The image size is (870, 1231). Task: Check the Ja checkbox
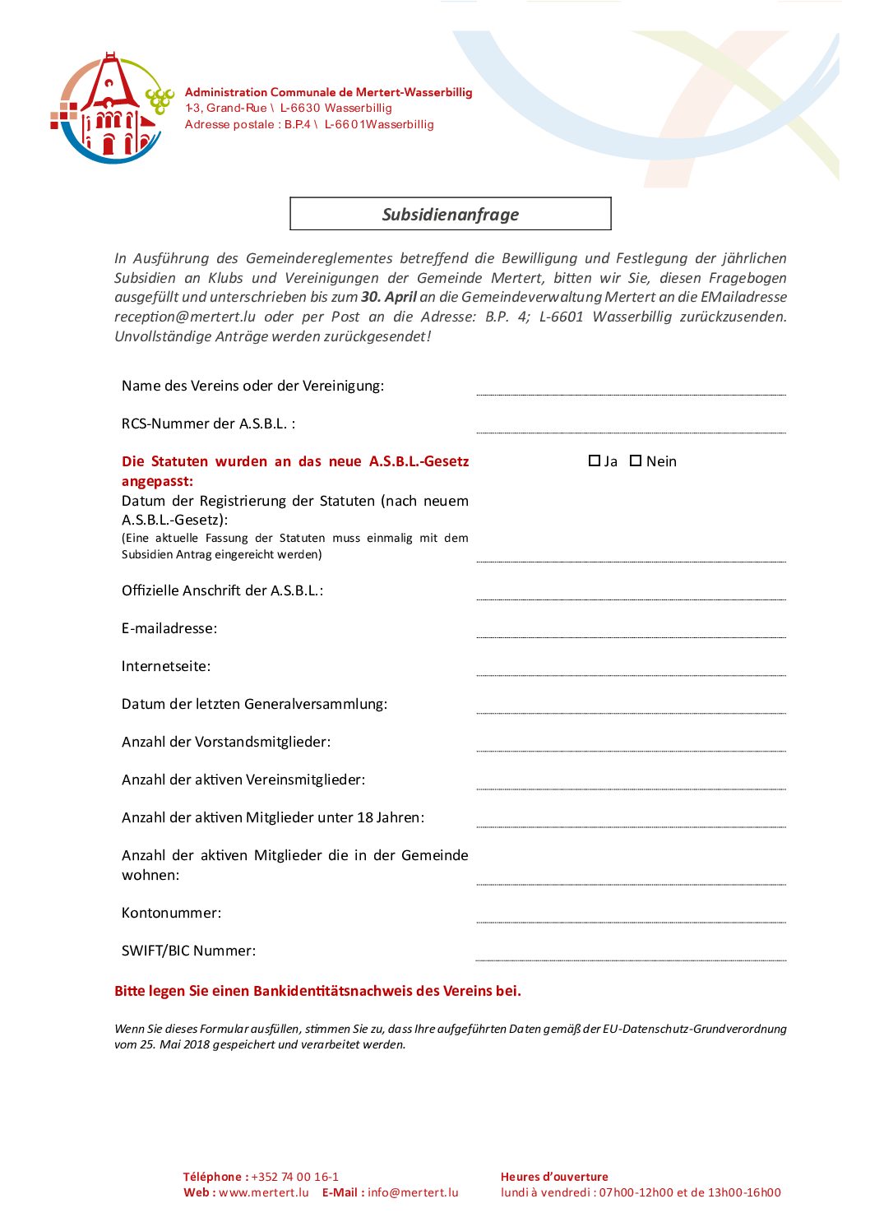point(595,461)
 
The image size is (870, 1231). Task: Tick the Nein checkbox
point(636,461)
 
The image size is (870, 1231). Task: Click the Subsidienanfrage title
point(451,215)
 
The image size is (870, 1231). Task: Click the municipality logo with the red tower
point(112,109)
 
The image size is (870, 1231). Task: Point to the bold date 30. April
point(389,297)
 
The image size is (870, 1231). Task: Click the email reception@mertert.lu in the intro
point(185,317)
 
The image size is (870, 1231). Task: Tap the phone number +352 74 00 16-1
point(295,1177)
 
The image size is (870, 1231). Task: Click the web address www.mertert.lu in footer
point(264,1192)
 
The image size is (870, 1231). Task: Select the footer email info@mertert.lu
point(413,1192)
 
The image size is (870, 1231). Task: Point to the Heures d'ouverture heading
point(554,1177)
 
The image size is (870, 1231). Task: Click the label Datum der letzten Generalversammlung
point(254,704)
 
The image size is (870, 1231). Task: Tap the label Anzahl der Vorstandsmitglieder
point(226,742)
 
